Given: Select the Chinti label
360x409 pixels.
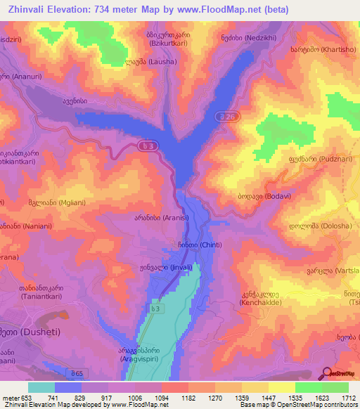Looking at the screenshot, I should [x=191, y=245].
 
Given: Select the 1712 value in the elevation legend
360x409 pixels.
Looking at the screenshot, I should [x=347, y=398].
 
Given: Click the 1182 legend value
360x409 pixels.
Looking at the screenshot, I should [x=188, y=398].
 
